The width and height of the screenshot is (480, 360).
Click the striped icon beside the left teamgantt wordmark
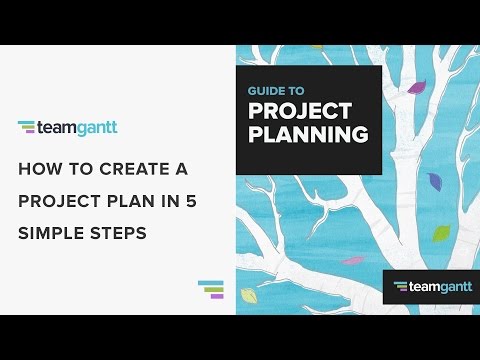(x=27, y=127)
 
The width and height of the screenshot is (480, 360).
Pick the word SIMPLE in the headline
(x=50, y=231)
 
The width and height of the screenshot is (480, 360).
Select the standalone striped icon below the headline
(x=211, y=289)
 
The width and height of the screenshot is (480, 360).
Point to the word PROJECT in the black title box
(x=299, y=110)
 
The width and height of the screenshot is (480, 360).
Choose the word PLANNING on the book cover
(x=307, y=134)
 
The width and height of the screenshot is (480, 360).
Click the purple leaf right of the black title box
(x=416, y=87)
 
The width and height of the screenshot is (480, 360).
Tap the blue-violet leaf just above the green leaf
(x=434, y=181)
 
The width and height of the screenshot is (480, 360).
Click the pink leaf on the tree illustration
(x=352, y=260)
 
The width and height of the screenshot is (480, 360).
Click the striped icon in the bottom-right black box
(x=400, y=287)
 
